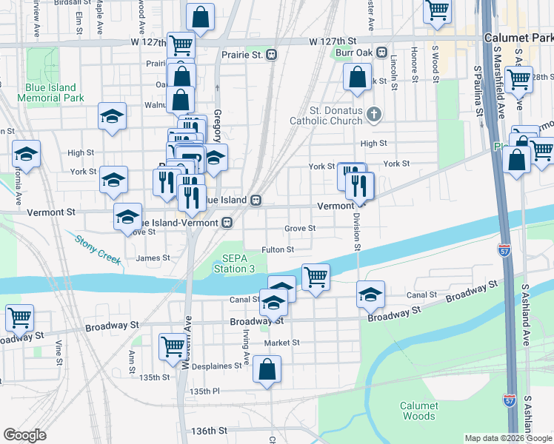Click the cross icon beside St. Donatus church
pyautogui.click(x=375, y=114)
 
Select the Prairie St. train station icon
pyautogui.click(x=273, y=54)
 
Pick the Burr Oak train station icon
pyautogui.click(x=382, y=53)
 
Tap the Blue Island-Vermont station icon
pyautogui.click(x=228, y=222)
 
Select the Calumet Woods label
pyautogui.click(x=419, y=411)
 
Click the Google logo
pyautogui.click(x=24, y=435)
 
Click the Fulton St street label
pyautogui.click(x=278, y=250)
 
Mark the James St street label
pyautogui.click(x=153, y=258)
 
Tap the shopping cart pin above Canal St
pyautogui.click(x=316, y=277)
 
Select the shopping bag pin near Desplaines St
pyautogui.click(x=267, y=369)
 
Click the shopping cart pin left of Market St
pyautogui.click(x=173, y=345)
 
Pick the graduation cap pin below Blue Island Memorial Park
pyautogui.click(x=112, y=115)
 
